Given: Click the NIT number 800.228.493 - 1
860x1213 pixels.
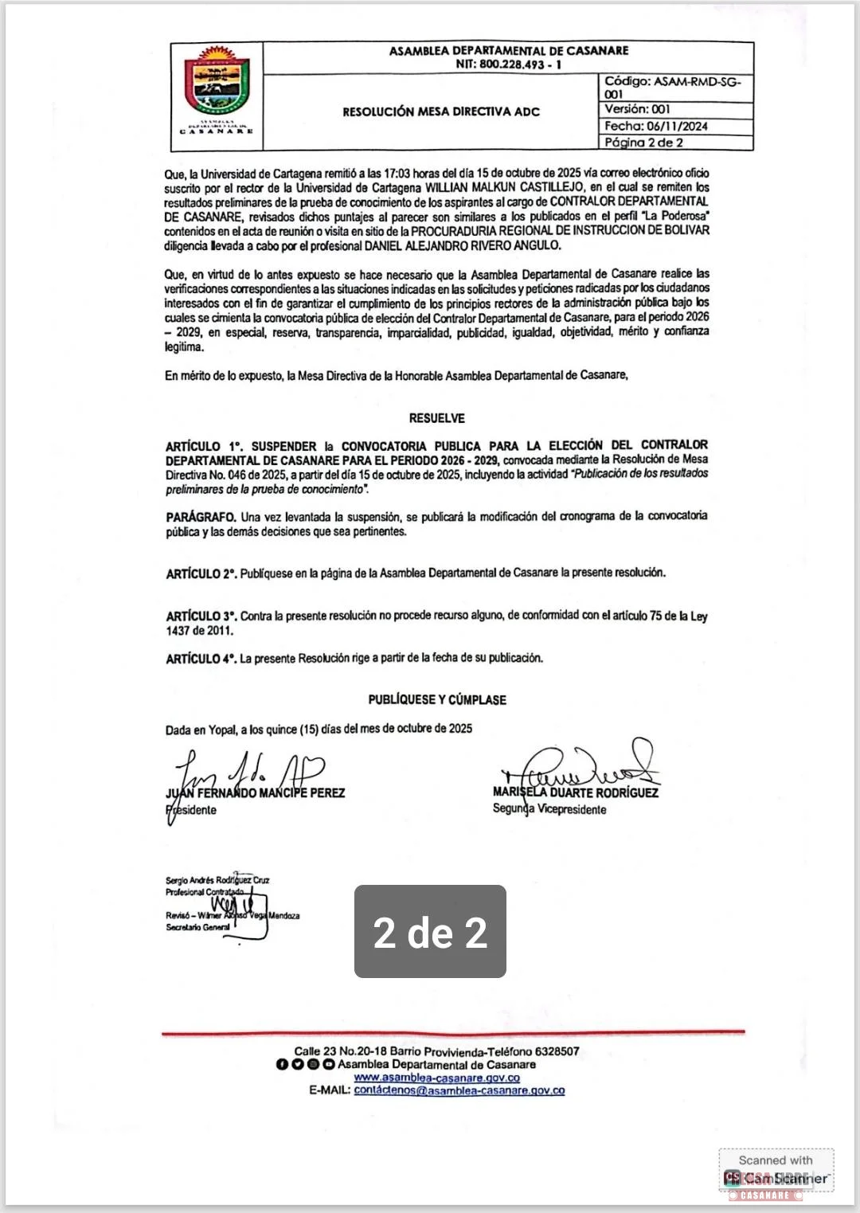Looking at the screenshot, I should pyautogui.click(x=509, y=65).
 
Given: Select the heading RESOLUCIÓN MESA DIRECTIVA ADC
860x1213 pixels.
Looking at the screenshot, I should pyautogui.click(x=441, y=112).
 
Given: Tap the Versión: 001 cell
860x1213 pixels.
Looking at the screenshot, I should pyautogui.click(x=637, y=109).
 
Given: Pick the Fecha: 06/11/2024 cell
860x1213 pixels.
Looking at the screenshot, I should pyautogui.click(x=655, y=126).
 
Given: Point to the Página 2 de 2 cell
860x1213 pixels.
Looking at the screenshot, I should pyautogui.click(x=643, y=143).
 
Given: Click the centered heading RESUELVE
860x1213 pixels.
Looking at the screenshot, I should pyautogui.click(x=437, y=418).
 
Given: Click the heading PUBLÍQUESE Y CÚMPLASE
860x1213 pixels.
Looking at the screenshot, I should pyautogui.click(x=437, y=699).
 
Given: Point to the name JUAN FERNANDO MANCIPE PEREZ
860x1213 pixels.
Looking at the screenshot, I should pyautogui.click(x=255, y=793).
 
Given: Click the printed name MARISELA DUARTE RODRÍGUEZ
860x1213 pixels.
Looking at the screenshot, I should pyautogui.click(x=576, y=792).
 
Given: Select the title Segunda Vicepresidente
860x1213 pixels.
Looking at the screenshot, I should pyautogui.click(x=549, y=809).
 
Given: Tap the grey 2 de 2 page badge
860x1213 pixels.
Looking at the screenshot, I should pyautogui.click(x=430, y=931).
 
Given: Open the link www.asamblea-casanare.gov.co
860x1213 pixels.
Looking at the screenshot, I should pyautogui.click(x=436, y=1078).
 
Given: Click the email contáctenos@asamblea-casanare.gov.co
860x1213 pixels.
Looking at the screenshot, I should pyautogui.click(x=459, y=1090).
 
